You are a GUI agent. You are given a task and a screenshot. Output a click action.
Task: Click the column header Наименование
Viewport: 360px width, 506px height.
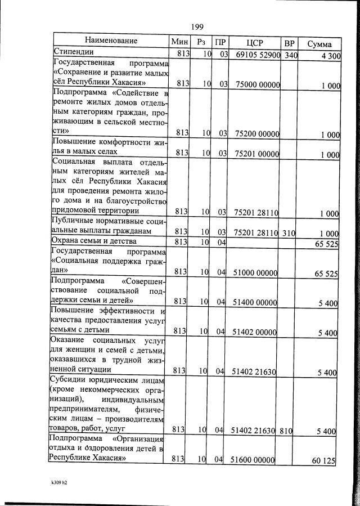pyautogui.click(x=111, y=41)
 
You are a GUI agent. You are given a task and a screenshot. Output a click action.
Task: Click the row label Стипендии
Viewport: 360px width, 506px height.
pyautogui.click(x=73, y=52)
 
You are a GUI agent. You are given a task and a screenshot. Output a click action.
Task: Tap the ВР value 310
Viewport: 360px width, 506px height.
pyautogui.click(x=290, y=233)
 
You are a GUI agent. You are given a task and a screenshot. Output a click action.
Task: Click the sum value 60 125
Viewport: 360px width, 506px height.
pyautogui.click(x=323, y=461)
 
